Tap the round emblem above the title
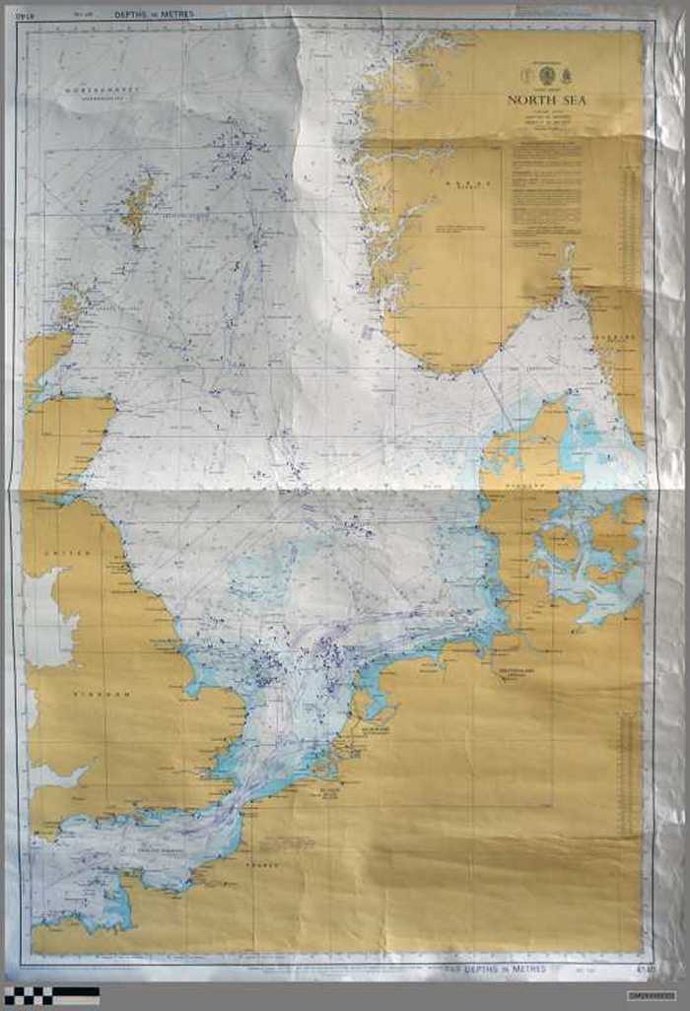(x=546, y=76)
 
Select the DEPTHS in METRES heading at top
(x=154, y=15)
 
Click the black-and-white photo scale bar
(x=51, y=994)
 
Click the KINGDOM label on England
(x=102, y=695)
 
